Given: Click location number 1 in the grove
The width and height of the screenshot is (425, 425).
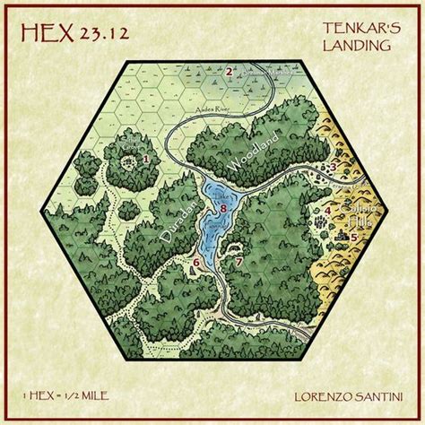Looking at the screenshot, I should click(145, 159).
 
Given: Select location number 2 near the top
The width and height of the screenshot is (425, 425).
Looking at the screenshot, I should click(230, 72).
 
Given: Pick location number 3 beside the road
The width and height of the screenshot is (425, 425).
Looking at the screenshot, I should click(332, 167).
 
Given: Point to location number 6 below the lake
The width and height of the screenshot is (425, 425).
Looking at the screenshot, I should click(195, 262).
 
